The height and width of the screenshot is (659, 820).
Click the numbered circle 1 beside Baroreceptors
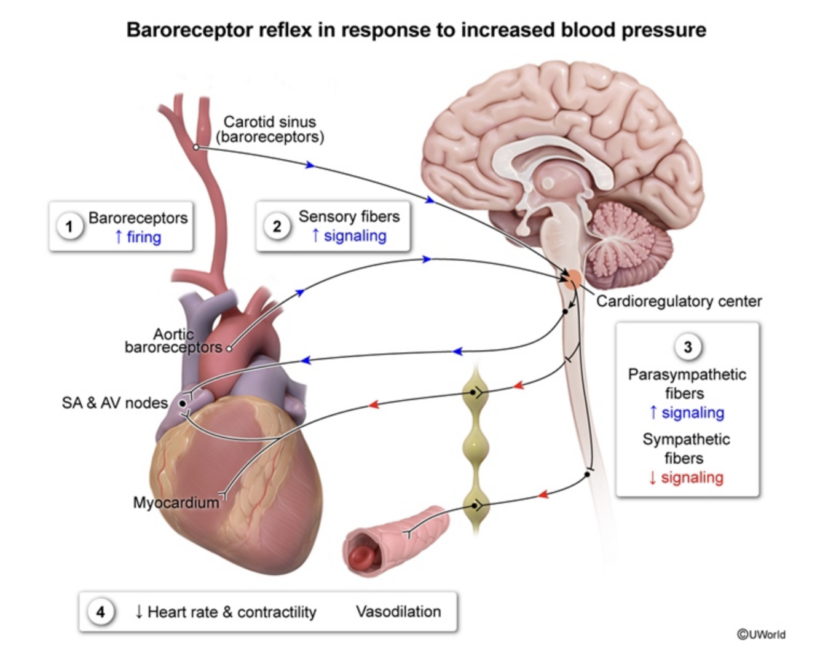(69, 227)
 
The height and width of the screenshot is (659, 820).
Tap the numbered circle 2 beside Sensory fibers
(277, 226)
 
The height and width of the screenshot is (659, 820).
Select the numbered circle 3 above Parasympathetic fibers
(687, 347)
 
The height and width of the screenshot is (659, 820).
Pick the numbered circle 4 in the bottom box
(100, 612)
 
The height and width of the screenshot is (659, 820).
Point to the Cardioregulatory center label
(679, 301)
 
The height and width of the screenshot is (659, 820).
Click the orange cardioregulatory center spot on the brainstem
(572, 280)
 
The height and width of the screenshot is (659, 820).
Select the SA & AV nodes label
(114, 403)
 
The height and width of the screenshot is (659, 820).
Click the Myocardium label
(176, 502)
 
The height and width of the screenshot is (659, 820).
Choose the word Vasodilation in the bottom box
(398, 612)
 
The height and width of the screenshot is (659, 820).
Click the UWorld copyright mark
(761, 634)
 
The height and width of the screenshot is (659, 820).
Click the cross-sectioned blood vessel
(393, 541)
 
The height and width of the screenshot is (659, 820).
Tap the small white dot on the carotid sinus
(196, 147)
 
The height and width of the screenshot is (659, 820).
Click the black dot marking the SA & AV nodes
(183, 403)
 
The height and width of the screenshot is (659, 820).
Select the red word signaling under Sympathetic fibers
(692, 477)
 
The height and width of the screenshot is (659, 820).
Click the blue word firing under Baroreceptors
(144, 237)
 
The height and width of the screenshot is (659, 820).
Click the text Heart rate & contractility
(232, 612)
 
